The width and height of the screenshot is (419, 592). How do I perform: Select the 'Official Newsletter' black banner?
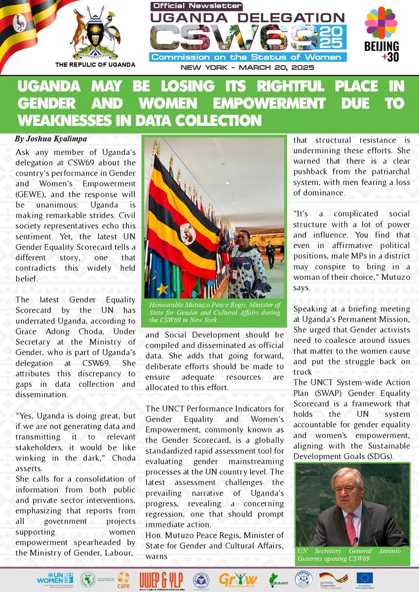(x=198, y=6)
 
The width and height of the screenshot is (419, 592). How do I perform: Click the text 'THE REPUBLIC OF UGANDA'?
(x=96, y=65)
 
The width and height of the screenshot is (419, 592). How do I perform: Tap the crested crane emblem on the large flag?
(x=187, y=233)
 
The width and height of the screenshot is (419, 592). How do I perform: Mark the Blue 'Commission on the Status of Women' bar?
(x=248, y=57)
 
